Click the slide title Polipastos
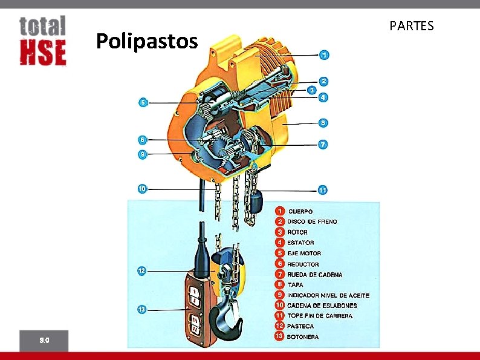tap(147, 42)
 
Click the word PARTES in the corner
tap(412, 26)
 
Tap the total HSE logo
tap(42, 41)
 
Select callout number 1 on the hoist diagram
tap(325, 55)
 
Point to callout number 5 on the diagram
tap(143, 102)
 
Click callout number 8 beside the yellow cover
tap(323, 123)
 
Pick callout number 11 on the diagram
tap(323, 190)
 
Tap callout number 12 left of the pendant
tap(141, 270)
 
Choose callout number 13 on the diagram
tap(141, 310)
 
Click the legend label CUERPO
tap(300, 211)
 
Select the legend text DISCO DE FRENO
tap(312, 221)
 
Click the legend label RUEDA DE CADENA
tap(314, 275)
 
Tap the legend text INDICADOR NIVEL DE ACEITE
tap(328, 295)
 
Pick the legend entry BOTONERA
tap(303, 336)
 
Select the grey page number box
tap(44, 340)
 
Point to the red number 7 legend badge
tap(280, 274)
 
